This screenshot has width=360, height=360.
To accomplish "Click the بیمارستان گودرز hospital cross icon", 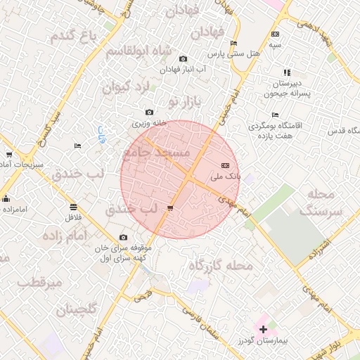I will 263,328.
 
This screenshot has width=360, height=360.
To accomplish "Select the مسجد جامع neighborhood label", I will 156,153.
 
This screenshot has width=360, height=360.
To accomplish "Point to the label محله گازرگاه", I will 221,265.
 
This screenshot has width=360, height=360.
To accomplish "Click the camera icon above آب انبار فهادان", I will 183,58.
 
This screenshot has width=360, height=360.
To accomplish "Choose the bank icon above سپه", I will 274,34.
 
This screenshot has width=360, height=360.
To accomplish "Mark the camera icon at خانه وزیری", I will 149,112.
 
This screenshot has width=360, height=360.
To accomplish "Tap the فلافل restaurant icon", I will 73,207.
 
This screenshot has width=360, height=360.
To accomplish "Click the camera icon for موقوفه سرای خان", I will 124,237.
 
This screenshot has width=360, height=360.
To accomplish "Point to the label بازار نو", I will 184,103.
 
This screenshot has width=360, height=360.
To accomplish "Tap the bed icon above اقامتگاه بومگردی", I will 275,115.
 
